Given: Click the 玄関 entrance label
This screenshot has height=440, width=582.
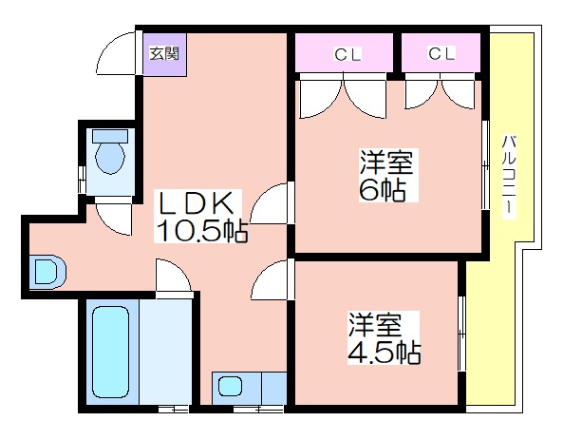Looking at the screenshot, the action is (164, 53).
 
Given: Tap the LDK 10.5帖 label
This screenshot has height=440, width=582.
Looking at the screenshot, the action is (200, 217).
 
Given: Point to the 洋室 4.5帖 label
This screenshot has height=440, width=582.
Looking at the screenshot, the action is (385, 337).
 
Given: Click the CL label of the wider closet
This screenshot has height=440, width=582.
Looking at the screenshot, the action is (347, 55).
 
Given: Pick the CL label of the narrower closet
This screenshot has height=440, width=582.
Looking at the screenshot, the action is (441, 53).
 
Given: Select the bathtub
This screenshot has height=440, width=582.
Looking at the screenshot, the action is (110, 352).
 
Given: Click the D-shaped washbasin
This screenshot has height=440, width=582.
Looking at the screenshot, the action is (47, 272).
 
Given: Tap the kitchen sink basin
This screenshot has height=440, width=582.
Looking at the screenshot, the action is (230, 386).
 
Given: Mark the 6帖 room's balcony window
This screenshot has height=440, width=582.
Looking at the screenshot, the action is (485, 164).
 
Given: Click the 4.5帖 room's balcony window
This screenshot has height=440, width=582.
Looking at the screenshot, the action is (461, 334).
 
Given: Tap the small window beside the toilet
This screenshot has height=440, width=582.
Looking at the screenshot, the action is (82, 180).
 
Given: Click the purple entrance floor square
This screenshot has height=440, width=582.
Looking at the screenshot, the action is (165, 55).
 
